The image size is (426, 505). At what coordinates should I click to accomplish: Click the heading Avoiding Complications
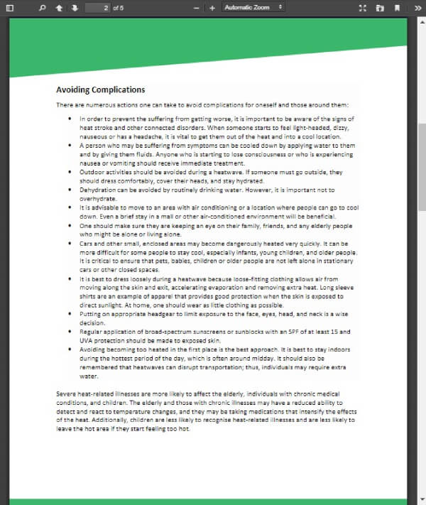[x=100, y=89]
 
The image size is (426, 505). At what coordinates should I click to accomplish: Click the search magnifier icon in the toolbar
[x=42, y=7]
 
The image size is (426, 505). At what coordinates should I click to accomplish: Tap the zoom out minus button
[x=197, y=8]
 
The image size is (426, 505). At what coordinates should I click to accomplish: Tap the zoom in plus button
[x=212, y=8]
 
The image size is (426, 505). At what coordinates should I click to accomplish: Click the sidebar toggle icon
[x=9, y=7]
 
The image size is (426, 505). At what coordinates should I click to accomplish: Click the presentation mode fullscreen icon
[x=363, y=7]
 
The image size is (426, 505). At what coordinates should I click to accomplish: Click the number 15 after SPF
[x=343, y=332]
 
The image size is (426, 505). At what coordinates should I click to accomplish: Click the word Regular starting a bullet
[x=92, y=332]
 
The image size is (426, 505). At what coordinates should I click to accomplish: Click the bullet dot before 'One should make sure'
[x=70, y=225]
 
